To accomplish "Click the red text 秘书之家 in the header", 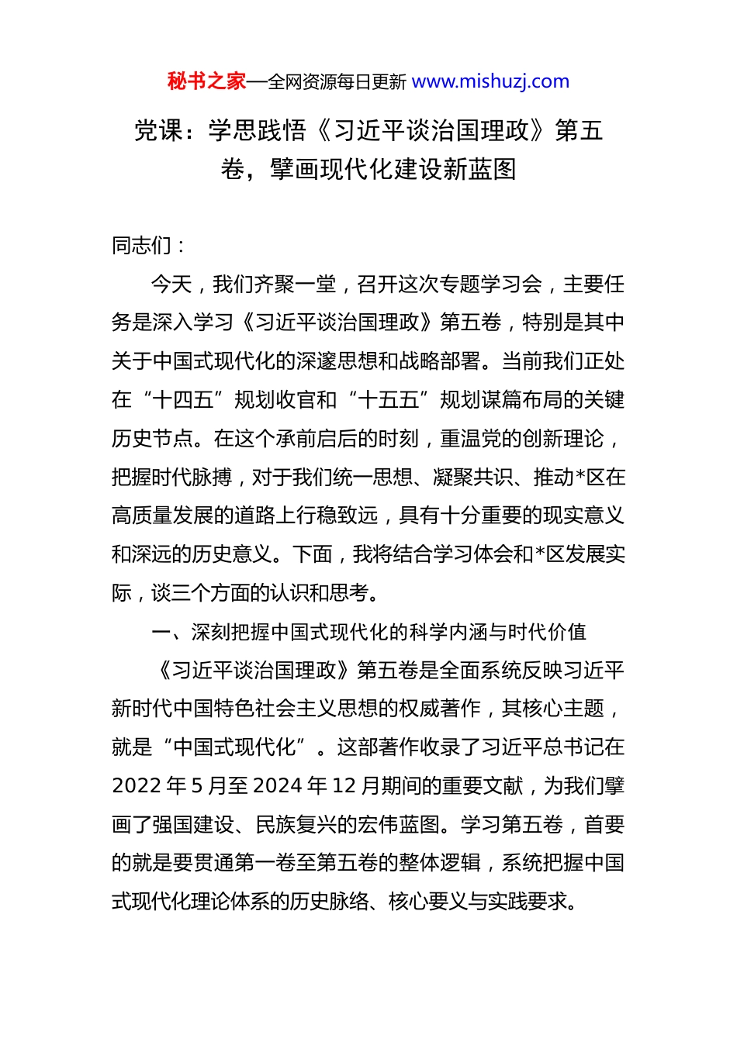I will tap(206, 81).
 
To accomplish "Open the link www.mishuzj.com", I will tap(490, 81).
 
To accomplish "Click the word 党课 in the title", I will tap(158, 131).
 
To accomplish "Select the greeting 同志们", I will tap(142, 246).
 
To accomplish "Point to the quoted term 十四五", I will tap(183, 400).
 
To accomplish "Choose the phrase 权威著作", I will tap(440, 709).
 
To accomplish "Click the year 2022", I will tap(137, 786).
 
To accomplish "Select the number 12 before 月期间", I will tap(343, 786).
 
